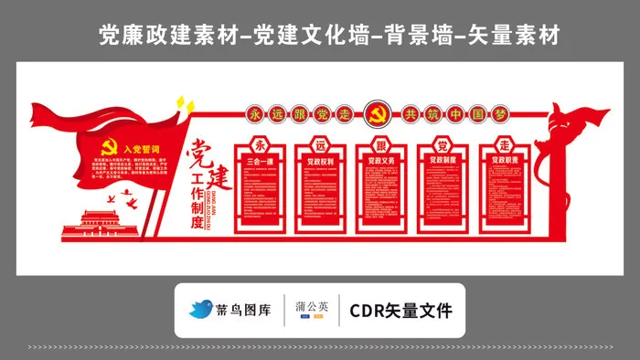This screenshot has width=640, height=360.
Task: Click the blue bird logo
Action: (x=201, y=310)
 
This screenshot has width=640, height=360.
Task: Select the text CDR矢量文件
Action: (x=401, y=311)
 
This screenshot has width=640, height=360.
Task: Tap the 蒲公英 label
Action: (x=311, y=306)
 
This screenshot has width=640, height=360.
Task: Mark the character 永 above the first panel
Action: (x=261, y=144)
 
